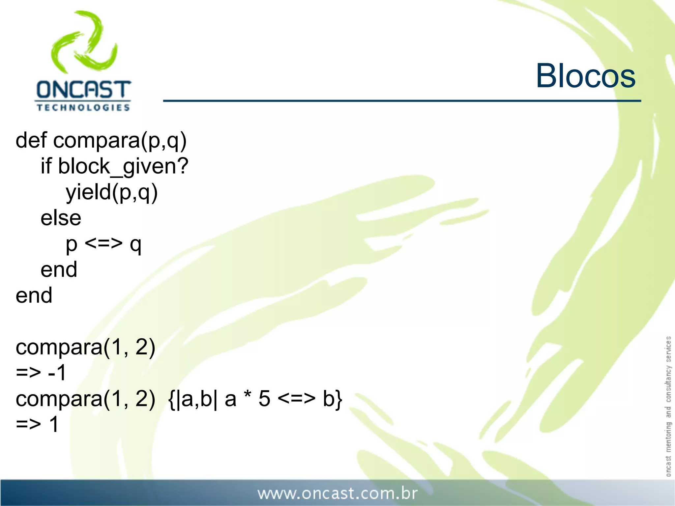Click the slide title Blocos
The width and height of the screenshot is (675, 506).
coord(585,76)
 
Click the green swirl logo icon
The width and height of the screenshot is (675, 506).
coord(84,42)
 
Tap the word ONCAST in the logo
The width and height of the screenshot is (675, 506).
coord(83,90)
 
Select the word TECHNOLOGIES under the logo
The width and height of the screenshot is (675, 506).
coord(83,108)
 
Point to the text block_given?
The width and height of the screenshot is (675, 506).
coord(123,166)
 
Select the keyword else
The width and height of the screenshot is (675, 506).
coord(61,218)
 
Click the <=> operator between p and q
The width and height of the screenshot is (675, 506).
coord(103,244)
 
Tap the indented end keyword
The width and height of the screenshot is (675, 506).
coord(59,270)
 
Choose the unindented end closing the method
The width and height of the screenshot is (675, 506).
coord(34,295)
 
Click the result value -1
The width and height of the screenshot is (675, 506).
coord(57,373)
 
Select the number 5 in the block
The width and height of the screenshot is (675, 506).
coord(264,399)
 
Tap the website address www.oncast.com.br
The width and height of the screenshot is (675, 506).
coord(337,493)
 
